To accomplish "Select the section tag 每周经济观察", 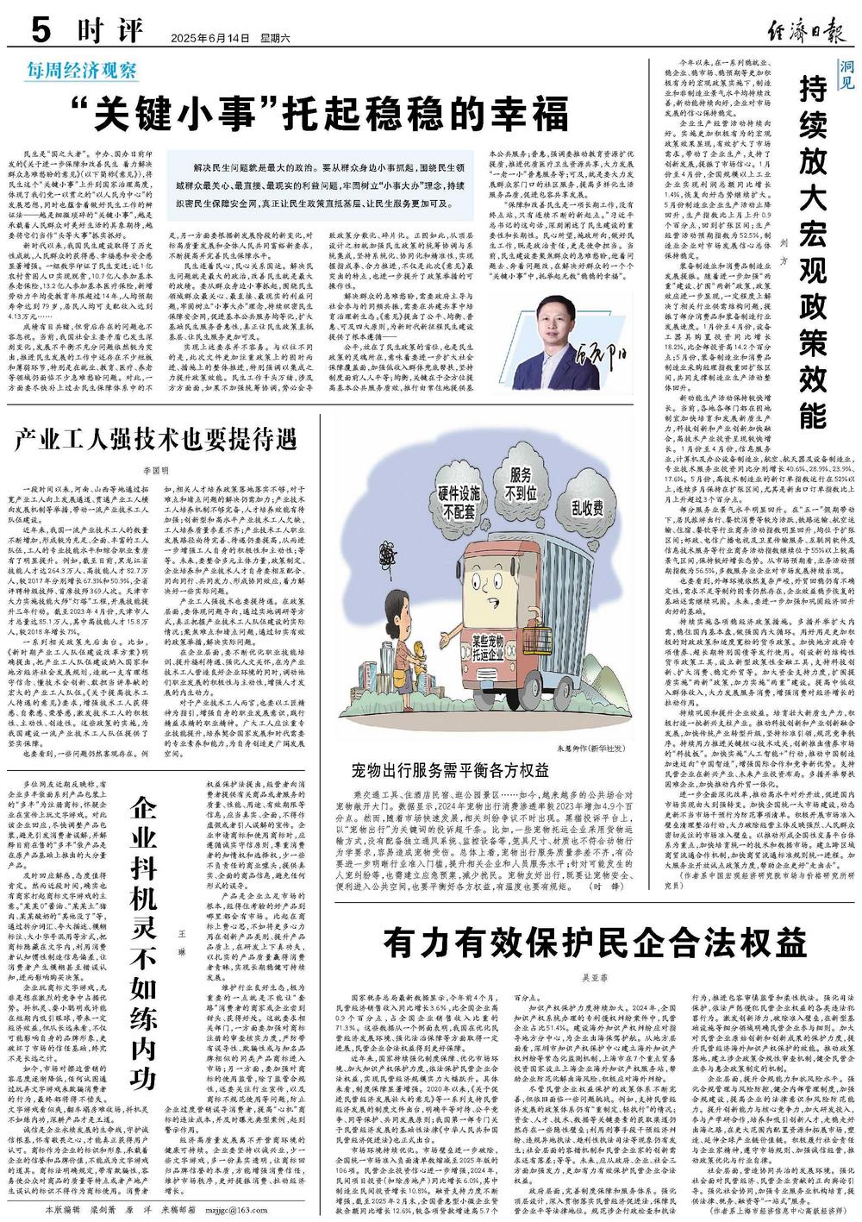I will (x=80, y=70).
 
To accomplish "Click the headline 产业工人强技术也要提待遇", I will (x=155, y=440).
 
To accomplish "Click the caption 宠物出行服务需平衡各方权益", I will (x=450, y=770).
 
